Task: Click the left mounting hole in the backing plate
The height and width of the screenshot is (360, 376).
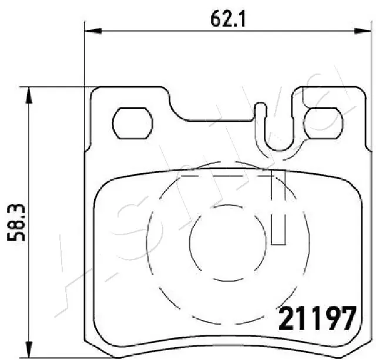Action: pyautogui.click(x=130, y=124)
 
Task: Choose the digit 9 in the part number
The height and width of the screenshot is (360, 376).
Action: pyautogui.click(x=327, y=319)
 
